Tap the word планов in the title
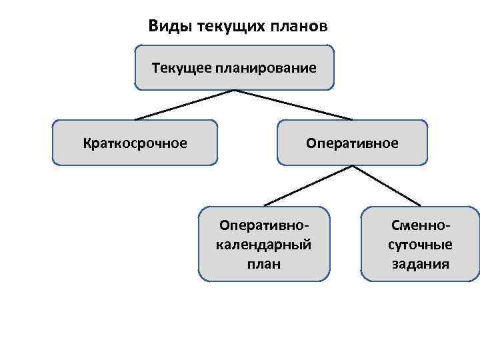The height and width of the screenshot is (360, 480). point(300,27)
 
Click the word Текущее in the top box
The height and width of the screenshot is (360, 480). point(181,67)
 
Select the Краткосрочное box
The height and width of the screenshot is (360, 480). point(135,142)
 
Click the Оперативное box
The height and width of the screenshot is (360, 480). point(352,142)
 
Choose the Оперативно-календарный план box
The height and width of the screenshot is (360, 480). point(264,243)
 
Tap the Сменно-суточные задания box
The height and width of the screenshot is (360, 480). point(420,243)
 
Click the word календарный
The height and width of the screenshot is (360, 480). point(265,244)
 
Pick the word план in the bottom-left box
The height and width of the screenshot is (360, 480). point(265,263)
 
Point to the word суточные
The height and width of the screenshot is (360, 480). point(421,244)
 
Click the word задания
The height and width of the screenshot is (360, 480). point(421,263)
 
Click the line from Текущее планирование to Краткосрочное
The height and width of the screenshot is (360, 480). point(183,105)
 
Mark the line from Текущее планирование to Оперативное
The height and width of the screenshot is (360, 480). point(283,105)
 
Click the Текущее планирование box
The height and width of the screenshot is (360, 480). point(233,80)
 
